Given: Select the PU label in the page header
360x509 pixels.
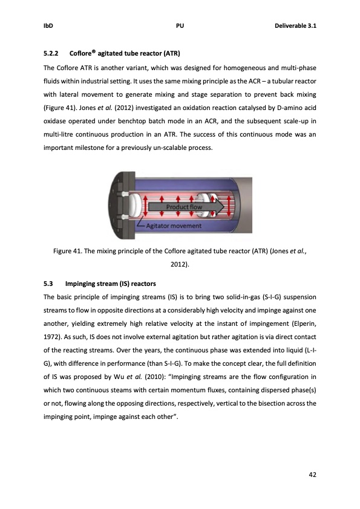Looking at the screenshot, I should click(180, 26).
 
